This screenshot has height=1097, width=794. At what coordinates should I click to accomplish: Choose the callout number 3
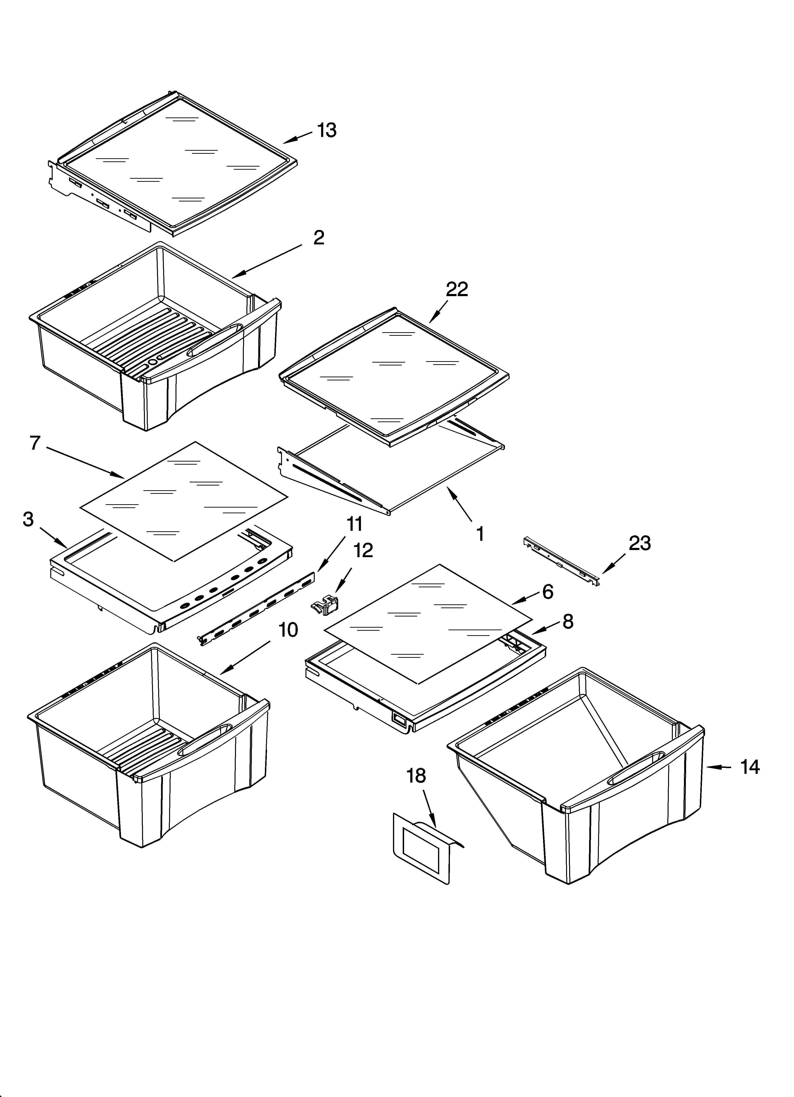28,519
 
